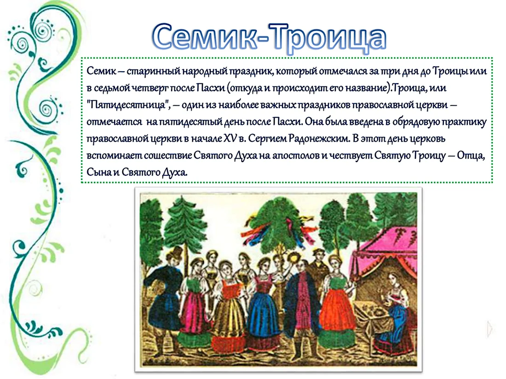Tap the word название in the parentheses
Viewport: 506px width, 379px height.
(x=363, y=88)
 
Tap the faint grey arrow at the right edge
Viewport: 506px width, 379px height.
(x=490, y=329)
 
